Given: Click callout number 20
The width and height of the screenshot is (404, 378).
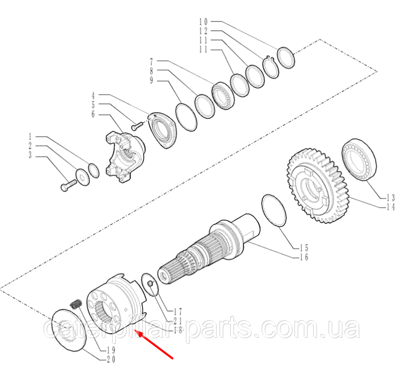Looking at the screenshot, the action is point(111,360).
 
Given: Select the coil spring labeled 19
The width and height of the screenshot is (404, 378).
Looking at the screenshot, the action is point(76,304).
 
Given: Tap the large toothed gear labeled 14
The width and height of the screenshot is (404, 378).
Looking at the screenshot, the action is point(318,185).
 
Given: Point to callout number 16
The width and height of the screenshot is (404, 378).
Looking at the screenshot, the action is point(304,257).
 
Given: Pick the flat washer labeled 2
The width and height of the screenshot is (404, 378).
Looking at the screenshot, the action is point(83,177).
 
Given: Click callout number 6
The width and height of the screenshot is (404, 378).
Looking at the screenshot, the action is point(93,114).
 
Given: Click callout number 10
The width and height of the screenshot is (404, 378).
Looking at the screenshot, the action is point(203,21).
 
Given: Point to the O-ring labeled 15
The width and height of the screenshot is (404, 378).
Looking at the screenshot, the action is point(274,211).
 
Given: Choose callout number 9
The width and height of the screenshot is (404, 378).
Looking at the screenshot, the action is point(151,80).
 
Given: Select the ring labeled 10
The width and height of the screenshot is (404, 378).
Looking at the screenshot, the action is point(286,58).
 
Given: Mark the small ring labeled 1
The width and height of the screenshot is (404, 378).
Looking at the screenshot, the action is point(94,170).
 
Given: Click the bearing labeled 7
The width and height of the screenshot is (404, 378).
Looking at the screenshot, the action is point(223,96).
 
